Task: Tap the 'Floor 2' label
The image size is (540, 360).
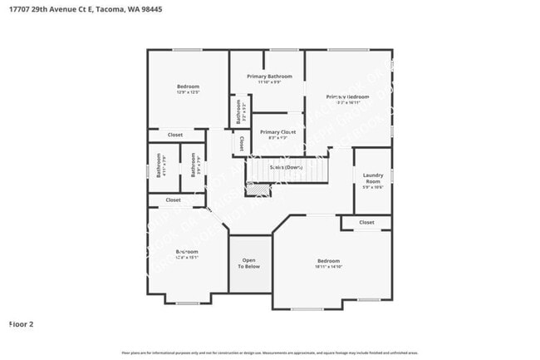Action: (21, 323)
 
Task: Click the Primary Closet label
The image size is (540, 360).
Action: (277, 132)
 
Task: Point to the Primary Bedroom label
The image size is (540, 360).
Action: (347, 97)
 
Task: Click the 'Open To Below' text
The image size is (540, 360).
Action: (249, 263)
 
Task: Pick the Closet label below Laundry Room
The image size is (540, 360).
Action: (366, 223)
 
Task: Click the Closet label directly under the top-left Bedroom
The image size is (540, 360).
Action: (175, 135)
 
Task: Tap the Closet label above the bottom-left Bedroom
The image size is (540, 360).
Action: (173, 200)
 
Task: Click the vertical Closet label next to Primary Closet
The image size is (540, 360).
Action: (240, 143)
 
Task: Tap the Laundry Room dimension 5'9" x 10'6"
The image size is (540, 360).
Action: (371, 187)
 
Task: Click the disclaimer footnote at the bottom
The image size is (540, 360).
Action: (271, 353)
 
